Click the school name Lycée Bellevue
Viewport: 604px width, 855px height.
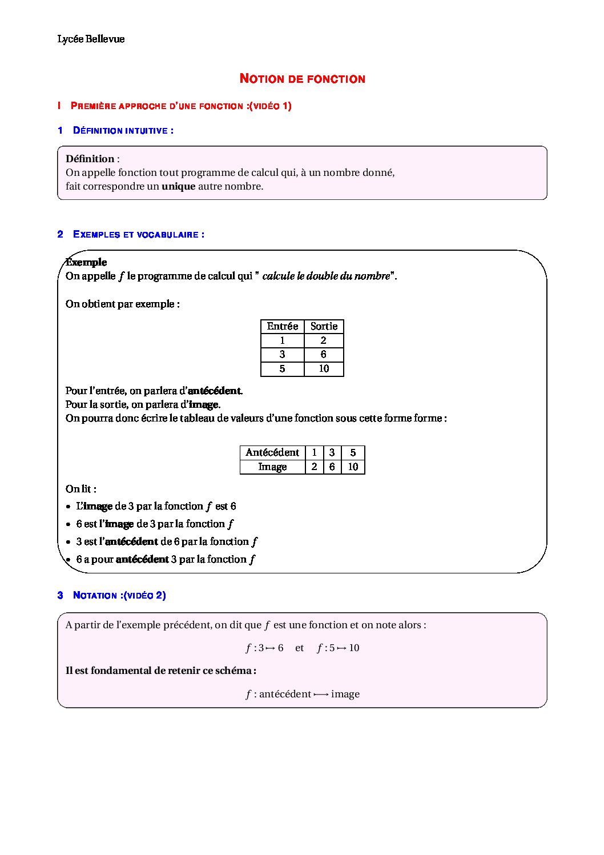(91, 39)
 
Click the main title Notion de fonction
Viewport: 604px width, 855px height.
(302, 79)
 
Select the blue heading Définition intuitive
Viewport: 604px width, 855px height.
(123, 130)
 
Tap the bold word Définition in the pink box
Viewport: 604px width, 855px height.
(90, 159)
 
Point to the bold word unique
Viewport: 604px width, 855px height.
(178, 186)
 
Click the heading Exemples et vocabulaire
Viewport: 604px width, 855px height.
(138, 234)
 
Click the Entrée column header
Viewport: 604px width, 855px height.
(282, 326)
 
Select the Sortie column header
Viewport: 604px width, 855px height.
(324, 326)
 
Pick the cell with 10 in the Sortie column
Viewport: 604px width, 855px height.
(324, 369)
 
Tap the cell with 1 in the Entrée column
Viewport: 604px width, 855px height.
(282, 340)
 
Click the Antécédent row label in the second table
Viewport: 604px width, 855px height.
(272, 452)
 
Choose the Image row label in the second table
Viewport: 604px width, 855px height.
(272, 467)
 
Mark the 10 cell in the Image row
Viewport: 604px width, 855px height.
(353, 467)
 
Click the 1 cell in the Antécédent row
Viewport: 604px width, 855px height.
(314, 452)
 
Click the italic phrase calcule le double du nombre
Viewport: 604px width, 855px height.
(326, 276)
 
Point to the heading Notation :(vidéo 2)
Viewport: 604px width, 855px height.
(119, 595)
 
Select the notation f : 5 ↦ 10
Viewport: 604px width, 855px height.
(338, 648)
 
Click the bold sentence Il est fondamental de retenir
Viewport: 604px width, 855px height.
(161, 671)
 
